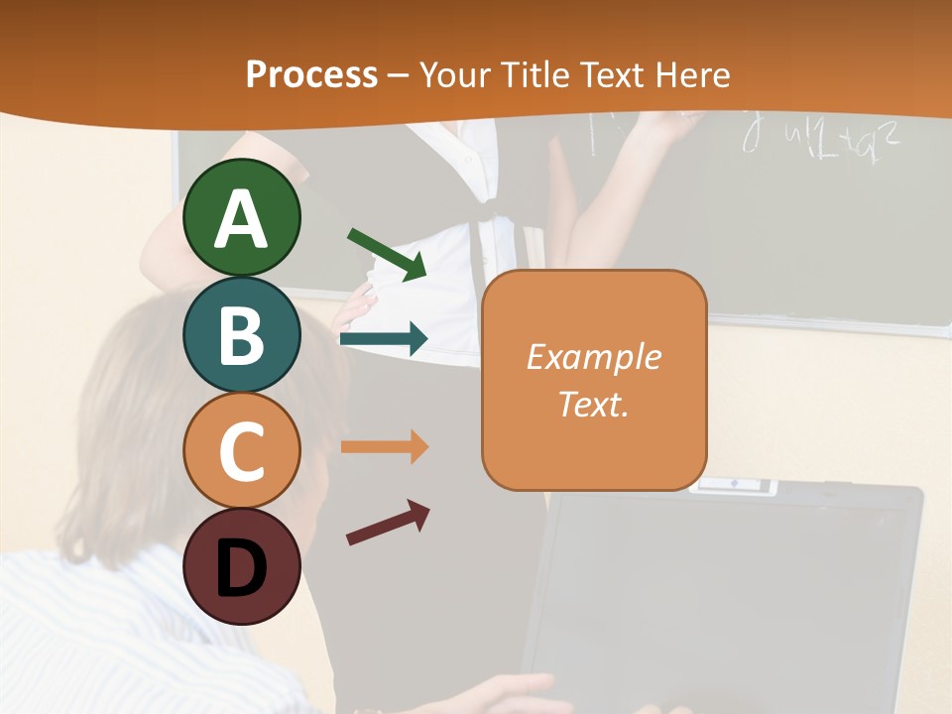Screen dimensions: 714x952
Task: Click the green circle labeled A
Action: [242, 217]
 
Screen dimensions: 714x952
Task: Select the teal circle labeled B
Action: [242, 334]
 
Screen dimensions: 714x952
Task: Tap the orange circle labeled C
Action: [242, 451]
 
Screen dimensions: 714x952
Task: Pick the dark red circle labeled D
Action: [242, 567]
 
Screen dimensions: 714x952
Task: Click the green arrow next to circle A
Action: [387, 253]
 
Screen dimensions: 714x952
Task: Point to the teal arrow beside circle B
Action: [384, 339]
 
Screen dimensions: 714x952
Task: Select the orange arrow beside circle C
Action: [384, 447]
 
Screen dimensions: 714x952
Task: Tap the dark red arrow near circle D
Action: [388, 523]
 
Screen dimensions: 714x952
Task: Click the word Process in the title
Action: [311, 75]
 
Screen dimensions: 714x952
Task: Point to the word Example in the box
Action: [593, 357]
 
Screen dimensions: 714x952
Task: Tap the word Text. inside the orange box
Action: [593, 404]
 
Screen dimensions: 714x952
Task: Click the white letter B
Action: [242, 334]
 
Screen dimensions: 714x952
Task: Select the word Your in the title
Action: [457, 75]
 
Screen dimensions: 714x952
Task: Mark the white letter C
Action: [242, 451]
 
